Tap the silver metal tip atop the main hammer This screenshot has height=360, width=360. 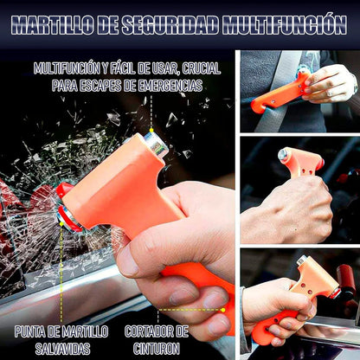157,145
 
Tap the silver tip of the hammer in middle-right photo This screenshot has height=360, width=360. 283,154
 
